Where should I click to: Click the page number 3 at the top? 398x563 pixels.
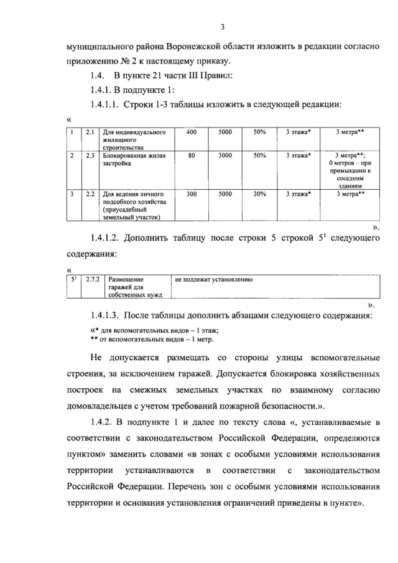(221, 26)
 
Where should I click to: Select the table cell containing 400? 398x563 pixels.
(192, 133)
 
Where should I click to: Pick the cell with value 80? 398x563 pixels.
(192, 156)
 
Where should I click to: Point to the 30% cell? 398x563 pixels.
(259, 194)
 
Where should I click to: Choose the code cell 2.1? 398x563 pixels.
(90, 133)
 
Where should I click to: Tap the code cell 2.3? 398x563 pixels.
(90, 156)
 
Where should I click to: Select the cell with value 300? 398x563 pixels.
(192, 194)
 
